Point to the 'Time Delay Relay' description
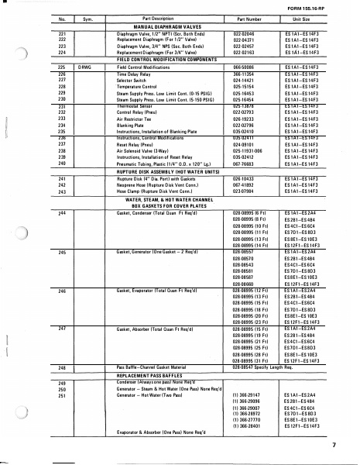click(x=136, y=74)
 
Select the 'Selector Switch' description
click(x=135, y=79)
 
